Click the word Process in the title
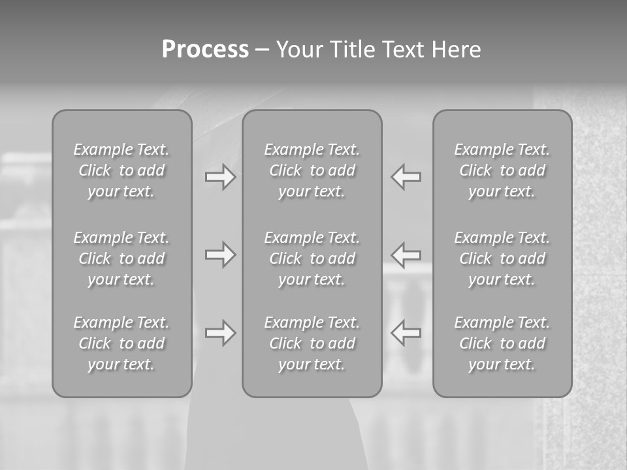click(205, 50)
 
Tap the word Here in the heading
click(455, 50)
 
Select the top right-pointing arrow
click(221, 177)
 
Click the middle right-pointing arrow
click(221, 255)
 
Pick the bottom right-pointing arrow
click(221, 333)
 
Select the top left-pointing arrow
click(406, 177)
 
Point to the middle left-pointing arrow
click(406, 255)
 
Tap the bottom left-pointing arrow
click(406, 333)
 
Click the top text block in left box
click(121, 170)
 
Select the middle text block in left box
click(121, 258)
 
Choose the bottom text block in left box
click(121, 343)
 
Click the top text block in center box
click(312, 170)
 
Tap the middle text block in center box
click(312, 258)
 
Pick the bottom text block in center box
click(312, 343)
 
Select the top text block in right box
click(502, 170)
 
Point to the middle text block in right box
click(502, 258)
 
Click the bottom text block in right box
click(502, 343)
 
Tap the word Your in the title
click(300, 50)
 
